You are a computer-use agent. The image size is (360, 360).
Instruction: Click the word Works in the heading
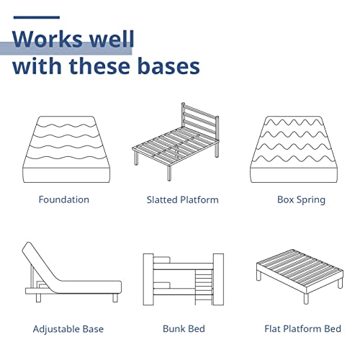click(x=47, y=39)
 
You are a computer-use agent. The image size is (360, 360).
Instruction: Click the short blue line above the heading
click(x=37, y=17)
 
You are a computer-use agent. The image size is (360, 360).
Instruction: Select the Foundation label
click(x=64, y=199)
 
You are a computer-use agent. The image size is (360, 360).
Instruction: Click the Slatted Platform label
click(x=183, y=199)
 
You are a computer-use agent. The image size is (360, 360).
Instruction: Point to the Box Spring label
click(x=301, y=200)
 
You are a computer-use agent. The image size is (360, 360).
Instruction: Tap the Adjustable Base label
click(x=68, y=329)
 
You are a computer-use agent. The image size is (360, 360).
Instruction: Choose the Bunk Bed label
click(x=184, y=329)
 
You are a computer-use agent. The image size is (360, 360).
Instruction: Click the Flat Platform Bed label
click(x=302, y=329)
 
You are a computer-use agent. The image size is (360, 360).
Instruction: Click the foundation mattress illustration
click(x=66, y=149)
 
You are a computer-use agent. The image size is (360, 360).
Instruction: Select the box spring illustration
click(x=294, y=149)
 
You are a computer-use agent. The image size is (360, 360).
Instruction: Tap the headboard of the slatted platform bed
click(x=200, y=121)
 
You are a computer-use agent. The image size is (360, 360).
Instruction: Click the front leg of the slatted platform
click(x=169, y=173)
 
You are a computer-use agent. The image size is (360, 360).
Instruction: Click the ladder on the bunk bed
click(x=204, y=287)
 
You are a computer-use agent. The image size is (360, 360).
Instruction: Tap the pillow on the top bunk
click(x=162, y=260)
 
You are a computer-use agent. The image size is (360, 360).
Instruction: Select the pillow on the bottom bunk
click(x=162, y=285)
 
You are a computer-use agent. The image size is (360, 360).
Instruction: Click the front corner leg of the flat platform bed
click(x=306, y=298)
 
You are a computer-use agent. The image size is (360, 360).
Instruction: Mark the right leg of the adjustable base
click(x=115, y=297)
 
